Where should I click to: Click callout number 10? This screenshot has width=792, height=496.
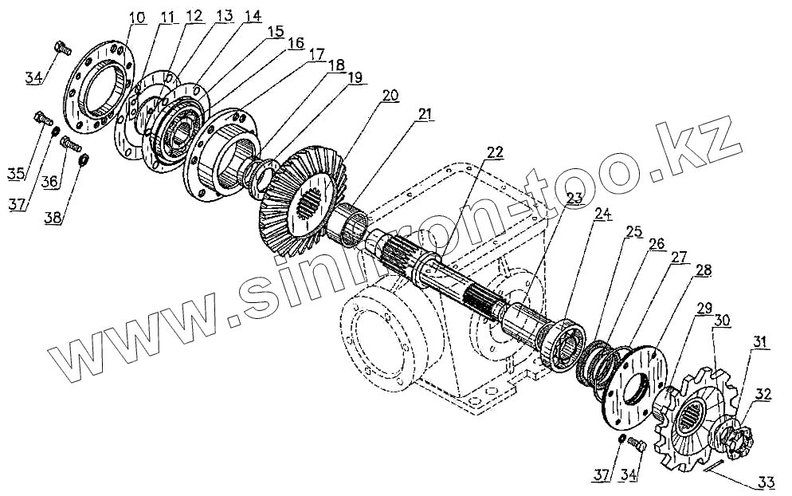pos(137,18)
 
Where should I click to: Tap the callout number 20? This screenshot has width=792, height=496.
pos(390,95)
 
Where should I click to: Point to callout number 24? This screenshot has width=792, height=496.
pos(602,214)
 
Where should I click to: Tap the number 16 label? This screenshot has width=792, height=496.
pos(295,42)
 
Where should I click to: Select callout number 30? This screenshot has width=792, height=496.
pos(721,320)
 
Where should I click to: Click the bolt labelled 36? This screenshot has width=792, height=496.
pos(71,145)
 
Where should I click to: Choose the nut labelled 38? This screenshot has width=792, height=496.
pos(83,159)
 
